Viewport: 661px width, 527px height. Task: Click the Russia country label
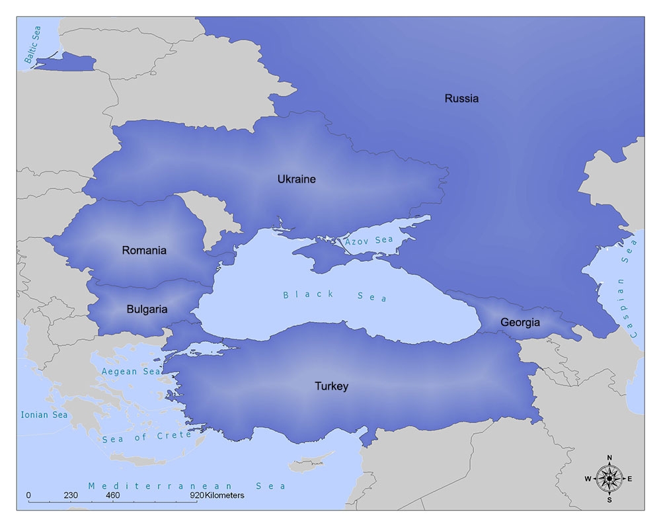(x=461, y=99)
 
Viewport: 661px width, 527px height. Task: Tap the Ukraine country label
(x=296, y=179)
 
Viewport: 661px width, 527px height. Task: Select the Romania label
(x=144, y=251)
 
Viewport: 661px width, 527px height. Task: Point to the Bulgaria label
(x=147, y=309)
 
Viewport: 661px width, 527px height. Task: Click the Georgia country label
(x=520, y=323)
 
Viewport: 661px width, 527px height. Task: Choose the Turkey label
(x=331, y=386)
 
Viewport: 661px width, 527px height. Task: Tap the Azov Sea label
(x=369, y=240)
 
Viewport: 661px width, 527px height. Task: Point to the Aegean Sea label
(x=131, y=372)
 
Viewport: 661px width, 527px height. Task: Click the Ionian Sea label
(x=44, y=415)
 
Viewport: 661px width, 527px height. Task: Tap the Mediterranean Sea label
(x=187, y=486)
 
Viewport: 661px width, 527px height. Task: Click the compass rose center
(x=609, y=478)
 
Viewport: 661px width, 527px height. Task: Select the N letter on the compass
(x=609, y=458)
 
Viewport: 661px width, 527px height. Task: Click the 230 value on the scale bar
(x=71, y=495)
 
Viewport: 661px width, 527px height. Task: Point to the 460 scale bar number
(x=112, y=495)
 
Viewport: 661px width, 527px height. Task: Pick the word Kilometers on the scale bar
(x=225, y=495)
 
